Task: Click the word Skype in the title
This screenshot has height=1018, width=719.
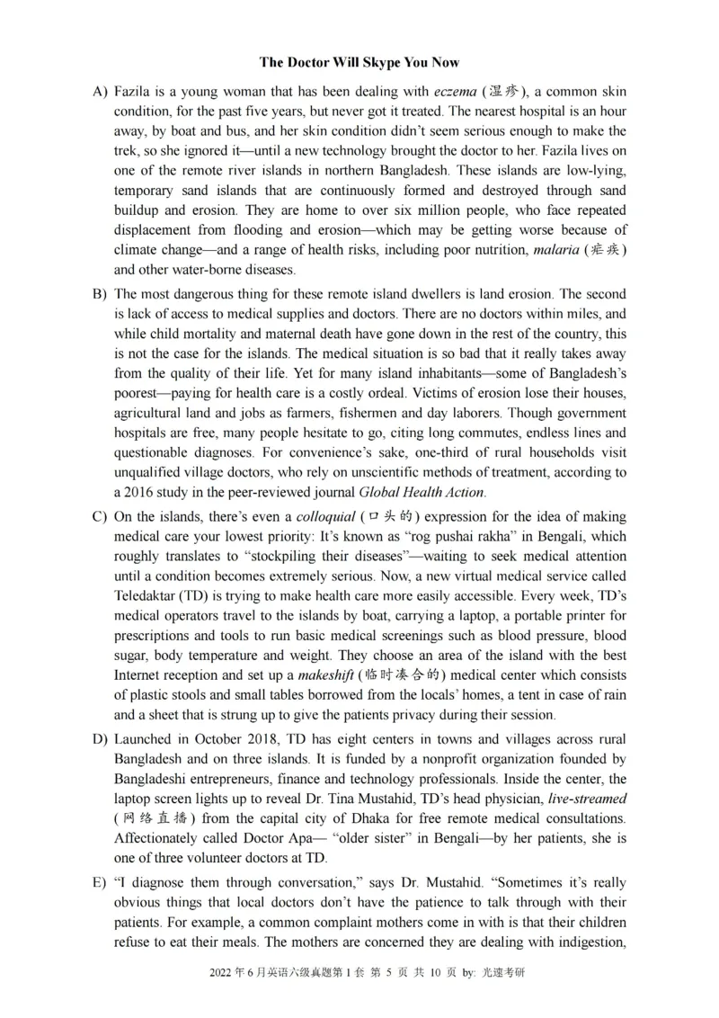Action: (381, 62)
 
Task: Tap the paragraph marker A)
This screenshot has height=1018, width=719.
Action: (100, 92)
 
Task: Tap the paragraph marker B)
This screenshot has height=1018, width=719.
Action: (100, 294)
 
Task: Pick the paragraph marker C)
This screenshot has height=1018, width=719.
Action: (100, 517)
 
